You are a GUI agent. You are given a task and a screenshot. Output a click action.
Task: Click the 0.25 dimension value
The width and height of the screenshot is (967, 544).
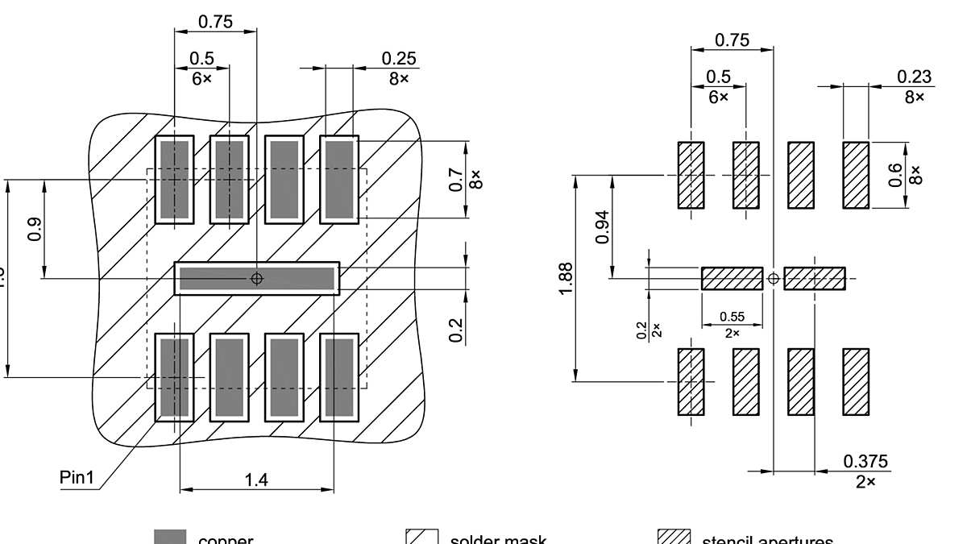pyautogui.click(x=399, y=59)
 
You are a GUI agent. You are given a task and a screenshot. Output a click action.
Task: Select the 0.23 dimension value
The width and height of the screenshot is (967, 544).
pyautogui.click(x=914, y=77)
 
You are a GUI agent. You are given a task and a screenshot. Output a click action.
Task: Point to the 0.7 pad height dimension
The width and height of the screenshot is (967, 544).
pyautogui.click(x=455, y=179)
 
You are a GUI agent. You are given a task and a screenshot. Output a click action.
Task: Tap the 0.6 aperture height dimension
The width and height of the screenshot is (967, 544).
pyautogui.click(x=895, y=175)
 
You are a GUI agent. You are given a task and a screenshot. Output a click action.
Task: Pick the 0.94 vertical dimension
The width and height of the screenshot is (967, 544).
pyautogui.click(x=601, y=227)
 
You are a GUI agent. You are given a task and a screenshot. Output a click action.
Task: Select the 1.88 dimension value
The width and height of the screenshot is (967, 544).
pyautogui.click(x=566, y=278)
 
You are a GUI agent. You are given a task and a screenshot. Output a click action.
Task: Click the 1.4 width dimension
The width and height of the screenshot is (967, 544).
pyautogui.click(x=256, y=480)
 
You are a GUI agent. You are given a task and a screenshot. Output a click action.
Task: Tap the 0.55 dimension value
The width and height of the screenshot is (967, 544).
pyautogui.click(x=732, y=318)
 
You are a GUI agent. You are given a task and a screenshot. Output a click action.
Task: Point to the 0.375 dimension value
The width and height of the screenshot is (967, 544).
pyautogui.click(x=865, y=462)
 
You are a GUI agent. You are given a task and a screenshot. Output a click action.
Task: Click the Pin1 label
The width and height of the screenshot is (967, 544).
pyautogui.click(x=77, y=477)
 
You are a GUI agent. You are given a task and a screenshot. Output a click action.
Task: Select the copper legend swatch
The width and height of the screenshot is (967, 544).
pyautogui.click(x=170, y=538)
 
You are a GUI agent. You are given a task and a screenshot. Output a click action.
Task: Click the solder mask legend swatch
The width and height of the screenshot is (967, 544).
pyautogui.click(x=421, y=538)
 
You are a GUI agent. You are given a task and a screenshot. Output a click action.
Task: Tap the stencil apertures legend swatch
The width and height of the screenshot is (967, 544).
pyautogui.click(x=674, y=538)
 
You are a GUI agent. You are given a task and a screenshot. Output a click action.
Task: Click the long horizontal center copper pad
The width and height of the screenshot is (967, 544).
pyautogui.click(x=256, y=278)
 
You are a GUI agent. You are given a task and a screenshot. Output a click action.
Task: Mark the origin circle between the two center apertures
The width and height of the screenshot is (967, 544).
pyautogui.click(x=774, y=279)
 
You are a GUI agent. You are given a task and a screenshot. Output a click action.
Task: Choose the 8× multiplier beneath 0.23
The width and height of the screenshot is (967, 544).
pyautogui.click(x=914, y=98)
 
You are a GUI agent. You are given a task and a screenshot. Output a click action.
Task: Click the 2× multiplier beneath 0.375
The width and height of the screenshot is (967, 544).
pyautogui.click(x=865, y=482)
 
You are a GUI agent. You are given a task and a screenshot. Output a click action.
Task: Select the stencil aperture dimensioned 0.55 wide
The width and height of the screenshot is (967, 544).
pyautogui.click(x=732, y=278)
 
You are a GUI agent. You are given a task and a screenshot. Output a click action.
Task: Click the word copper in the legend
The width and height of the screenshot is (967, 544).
pyautogui.click(x=226, y=539)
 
